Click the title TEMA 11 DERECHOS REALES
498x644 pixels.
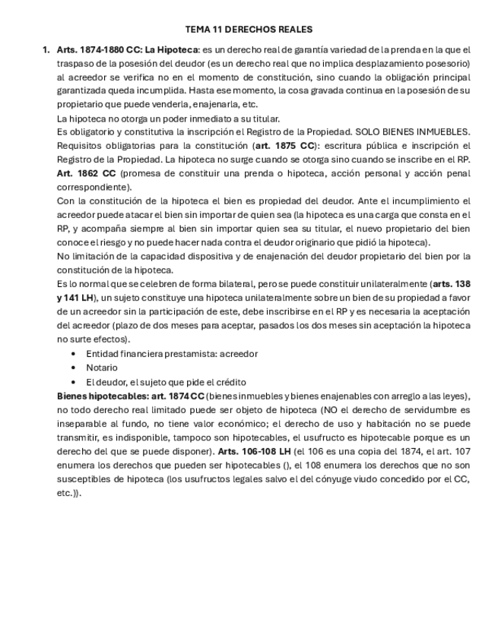click(x=249, y=30)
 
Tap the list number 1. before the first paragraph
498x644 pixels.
click(x=46, y=49)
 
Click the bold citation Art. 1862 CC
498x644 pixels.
click(x=87, y=173)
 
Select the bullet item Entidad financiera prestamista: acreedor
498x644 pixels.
click(x=172, y=353)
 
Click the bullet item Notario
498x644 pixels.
click(x=102, y=368)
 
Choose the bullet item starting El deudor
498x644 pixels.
click(x=166, y=382)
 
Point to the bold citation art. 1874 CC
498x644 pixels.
click(x=177, y=396)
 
